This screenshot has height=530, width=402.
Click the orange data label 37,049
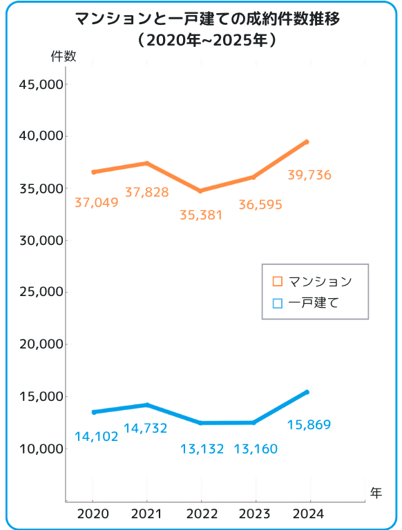point(96,202)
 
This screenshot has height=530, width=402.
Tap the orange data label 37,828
point(146,193)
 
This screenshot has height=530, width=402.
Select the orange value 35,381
point(201,215)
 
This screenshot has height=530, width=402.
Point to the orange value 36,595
point(260,205)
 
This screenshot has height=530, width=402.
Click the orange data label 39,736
point(309,175)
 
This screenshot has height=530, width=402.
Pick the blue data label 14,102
point(96,437)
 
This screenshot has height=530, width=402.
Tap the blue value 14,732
point(145,429)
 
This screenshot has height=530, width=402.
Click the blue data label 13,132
point(202,449)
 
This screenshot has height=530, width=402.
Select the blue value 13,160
point(256,449)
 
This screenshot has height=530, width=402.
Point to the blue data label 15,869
point(308,425)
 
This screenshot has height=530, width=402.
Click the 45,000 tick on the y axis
point(42,85)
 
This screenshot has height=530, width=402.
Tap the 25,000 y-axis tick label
point(42,293)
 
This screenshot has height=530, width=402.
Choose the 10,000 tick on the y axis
point(42,449)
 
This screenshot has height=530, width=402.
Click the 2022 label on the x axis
point(201,513)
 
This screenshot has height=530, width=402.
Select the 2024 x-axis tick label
point(309,513)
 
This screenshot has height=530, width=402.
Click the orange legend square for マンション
point(278,282)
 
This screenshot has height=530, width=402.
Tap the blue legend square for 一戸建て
point(278,303)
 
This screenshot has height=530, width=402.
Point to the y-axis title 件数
point(64,57)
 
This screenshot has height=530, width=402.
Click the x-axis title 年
point(375,492)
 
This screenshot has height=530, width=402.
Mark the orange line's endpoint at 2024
point(307,141)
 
